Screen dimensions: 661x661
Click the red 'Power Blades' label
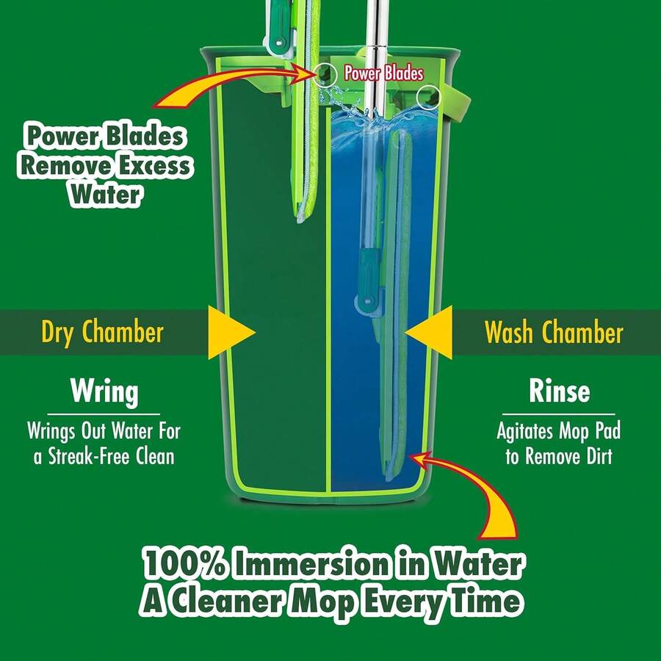[383, 73]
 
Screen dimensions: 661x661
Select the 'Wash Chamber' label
[553, 333]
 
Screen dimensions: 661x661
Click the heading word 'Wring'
[104, 391]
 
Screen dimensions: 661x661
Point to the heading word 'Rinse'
[559, 391]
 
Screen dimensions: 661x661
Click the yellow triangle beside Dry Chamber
[228, 333]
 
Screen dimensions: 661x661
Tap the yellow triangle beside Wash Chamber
[431, 333]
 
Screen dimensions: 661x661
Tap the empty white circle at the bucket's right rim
[428, 96]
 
